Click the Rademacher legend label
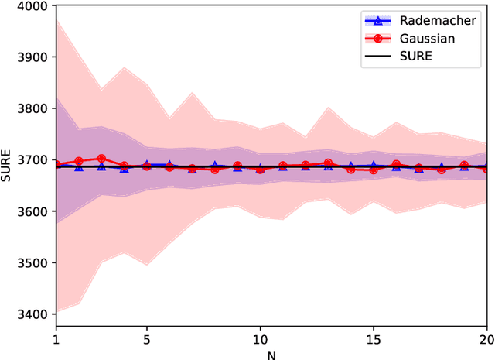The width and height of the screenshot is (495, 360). point(444,20)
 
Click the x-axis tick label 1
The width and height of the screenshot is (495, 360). point(56,339)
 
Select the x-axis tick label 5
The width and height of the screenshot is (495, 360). point(147,339)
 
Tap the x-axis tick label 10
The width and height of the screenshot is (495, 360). point(261,339)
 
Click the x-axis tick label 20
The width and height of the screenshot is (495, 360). point(485,339)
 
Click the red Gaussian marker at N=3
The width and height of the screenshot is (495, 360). point(101,158)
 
